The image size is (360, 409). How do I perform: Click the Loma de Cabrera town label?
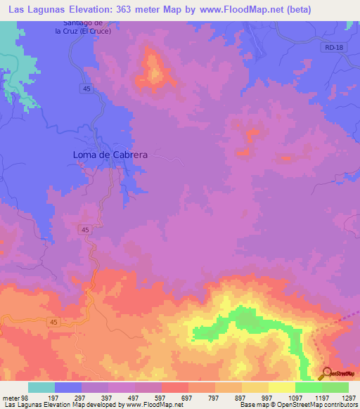(109, 155)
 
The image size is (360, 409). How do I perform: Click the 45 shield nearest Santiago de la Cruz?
(84, 88)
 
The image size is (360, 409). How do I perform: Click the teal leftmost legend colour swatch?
(41, 387)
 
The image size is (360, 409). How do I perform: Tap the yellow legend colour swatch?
(255, 387)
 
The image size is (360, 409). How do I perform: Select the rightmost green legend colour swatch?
(335, 387)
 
